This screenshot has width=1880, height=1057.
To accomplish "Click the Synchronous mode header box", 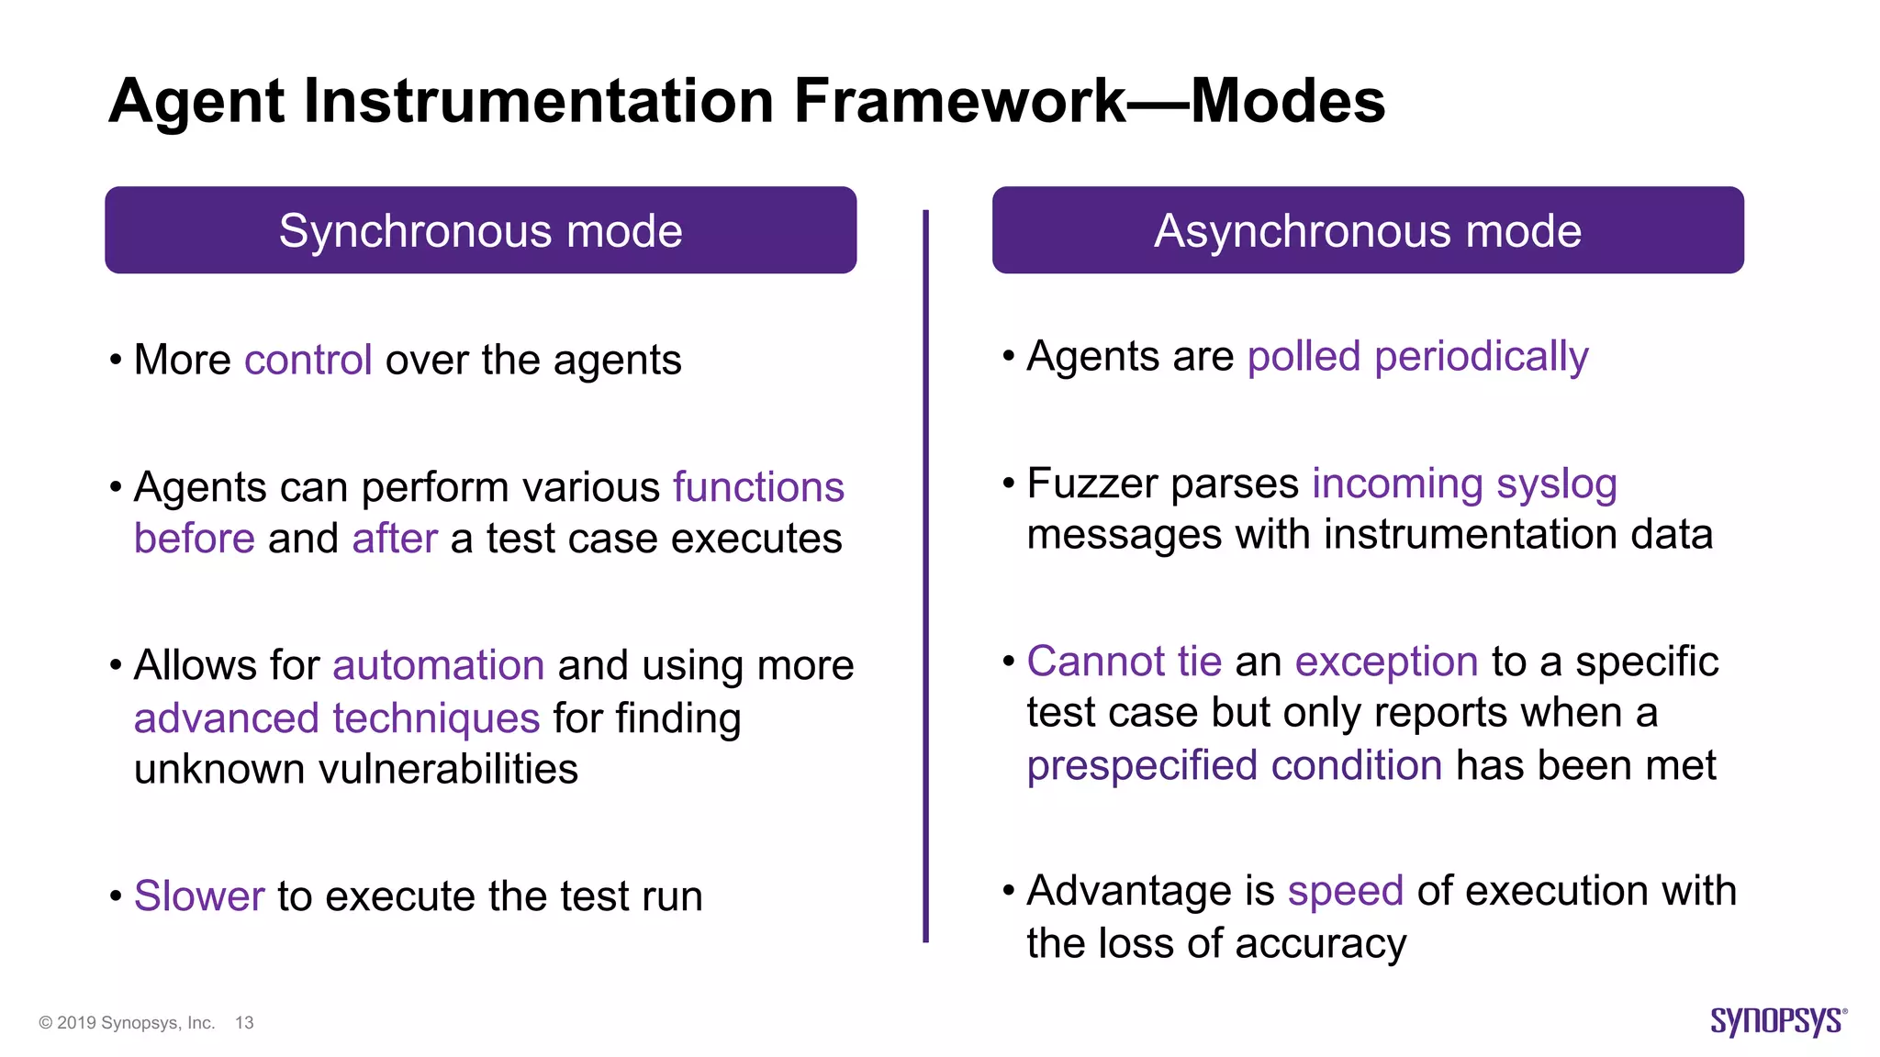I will [480, 230].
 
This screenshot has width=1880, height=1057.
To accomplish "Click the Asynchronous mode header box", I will [1368, 230].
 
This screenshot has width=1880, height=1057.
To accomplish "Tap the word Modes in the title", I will [1287, 101].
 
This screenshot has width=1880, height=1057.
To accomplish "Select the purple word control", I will [308, 360].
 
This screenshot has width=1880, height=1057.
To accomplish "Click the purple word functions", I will [758, 487].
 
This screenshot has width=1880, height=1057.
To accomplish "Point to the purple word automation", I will [438, 665].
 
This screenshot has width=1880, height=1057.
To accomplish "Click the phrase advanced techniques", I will [336, 718].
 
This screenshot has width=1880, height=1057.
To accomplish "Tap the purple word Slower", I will [199, 896].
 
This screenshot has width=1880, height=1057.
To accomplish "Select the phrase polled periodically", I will [1417, 357].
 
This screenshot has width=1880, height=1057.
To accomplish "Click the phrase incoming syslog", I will [1464, 484].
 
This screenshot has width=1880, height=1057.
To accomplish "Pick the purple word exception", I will [1386, 662].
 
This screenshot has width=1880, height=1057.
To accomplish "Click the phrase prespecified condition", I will [1234, 765].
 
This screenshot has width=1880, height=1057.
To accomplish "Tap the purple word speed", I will [1345, 891].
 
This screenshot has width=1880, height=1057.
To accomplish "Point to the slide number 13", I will [244, 1023].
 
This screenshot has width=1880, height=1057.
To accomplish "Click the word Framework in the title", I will [959, 101].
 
